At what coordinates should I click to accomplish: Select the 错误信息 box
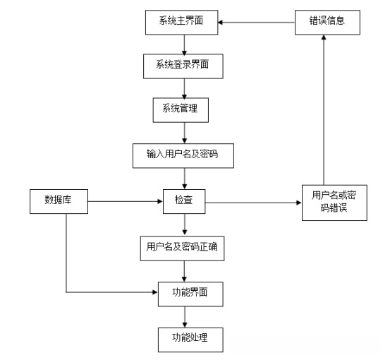(x=323, y=22)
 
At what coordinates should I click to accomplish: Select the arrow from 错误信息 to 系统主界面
(x=255, y=23)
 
